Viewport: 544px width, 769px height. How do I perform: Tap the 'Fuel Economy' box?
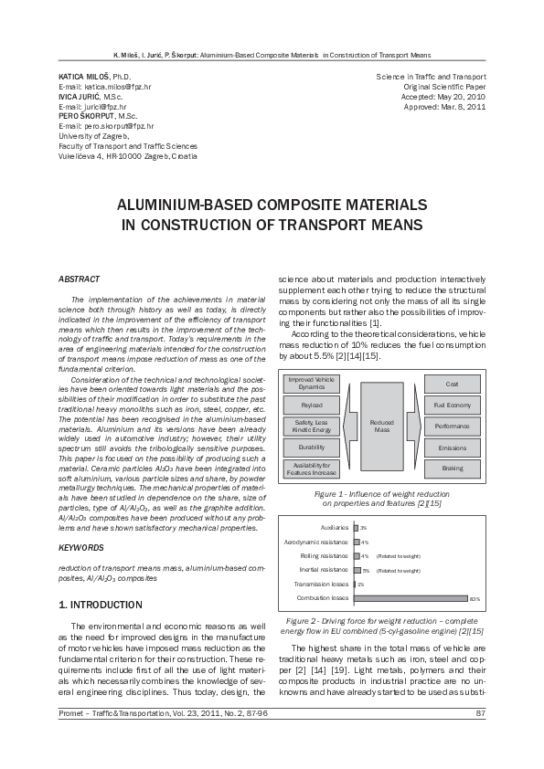pyautogui.click(x=452, y=405)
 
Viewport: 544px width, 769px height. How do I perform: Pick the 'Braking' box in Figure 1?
pyautogui.click(x=452, y=468)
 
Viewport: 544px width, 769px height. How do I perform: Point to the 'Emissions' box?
pyautogui.click(x=452, y=447)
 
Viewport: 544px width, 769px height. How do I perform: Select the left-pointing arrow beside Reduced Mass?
pyautogui.click(x=346, y=426)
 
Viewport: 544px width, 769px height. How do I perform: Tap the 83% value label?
pyautogui.click(x=474, y=599)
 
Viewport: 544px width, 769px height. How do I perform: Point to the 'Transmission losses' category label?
pyautogui.click(x=321, y=584)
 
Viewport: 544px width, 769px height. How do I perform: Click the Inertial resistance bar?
pyautogui.click(x=356, y=570)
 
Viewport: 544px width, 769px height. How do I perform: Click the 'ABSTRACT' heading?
pyautogui.click(x=75, y=278)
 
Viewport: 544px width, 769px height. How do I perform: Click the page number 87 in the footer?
pyautogui.click(x=480, y=738)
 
